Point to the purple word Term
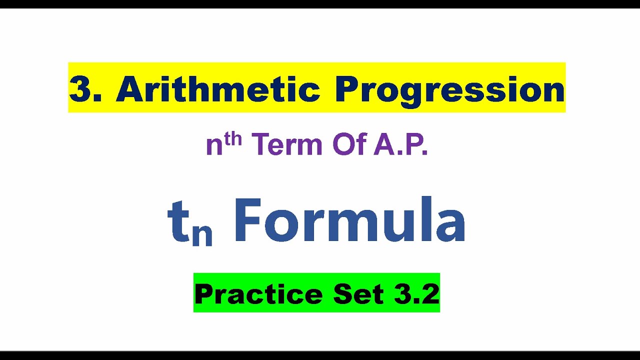coord(287,145)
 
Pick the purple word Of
coord(348,145)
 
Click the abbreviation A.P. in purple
coord(399,145)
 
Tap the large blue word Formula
coord(349,220)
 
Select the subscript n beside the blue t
coord(202,234)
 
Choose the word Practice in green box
coord(258,294)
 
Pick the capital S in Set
coord(342,294)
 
